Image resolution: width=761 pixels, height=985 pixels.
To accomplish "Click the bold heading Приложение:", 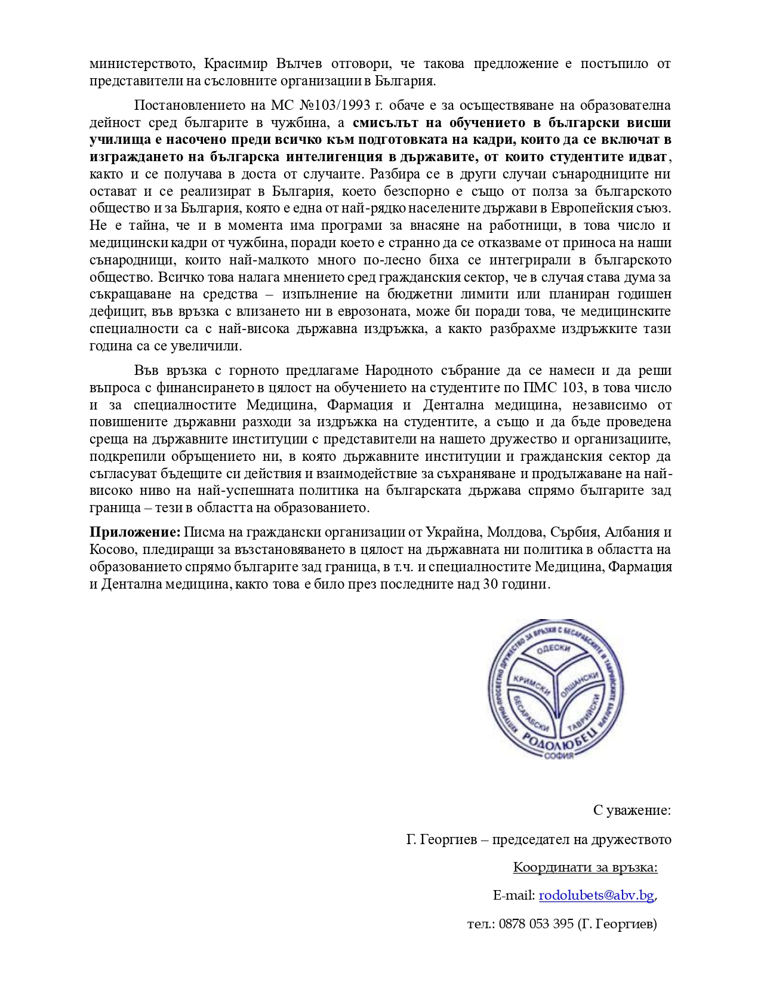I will pyautogui.click(x=135, y=532).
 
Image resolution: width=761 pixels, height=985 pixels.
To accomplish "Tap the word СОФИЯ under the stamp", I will pyautogui.click(x=559, y=756).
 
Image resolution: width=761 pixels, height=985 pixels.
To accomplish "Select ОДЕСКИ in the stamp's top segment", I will pyautogui.click(x=553, y=649).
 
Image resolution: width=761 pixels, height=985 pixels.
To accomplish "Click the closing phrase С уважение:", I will pyautogui.click(x=632, y=810).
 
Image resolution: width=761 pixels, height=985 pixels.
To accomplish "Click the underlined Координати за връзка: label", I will pyautogui.click(x=585, y=867).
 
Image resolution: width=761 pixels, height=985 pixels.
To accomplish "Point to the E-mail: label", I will pyautogui.click(x=513, y=895).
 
